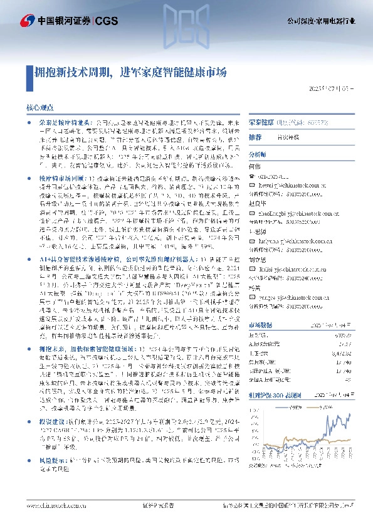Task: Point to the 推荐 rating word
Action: click(x=255, y=137)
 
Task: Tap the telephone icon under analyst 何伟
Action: click(x=253, y=177)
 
